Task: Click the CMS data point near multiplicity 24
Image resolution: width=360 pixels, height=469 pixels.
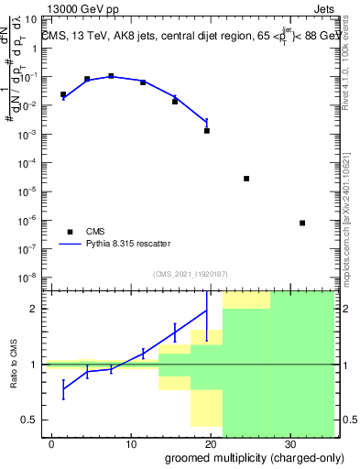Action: click(x=246, y=179)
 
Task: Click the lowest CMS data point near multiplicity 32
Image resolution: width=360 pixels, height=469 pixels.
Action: click(x=302, y=223)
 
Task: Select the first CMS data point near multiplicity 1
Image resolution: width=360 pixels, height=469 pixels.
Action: click(x=63, y=94)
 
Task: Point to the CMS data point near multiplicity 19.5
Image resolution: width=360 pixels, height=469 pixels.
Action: click(x=207, y=131)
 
